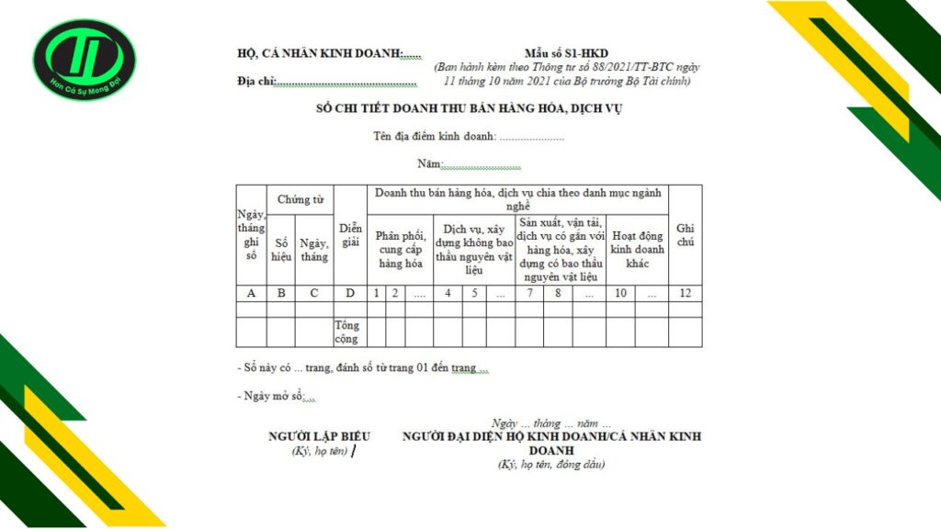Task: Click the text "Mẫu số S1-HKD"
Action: [566, 54]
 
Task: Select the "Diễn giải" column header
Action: [349, 235]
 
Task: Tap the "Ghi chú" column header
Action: [685, 235]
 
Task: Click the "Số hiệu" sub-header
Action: [281, 249]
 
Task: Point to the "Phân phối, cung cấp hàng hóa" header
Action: [400, 249]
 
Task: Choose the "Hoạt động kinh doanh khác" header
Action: [636, 249]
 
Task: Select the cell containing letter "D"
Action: [349, 293]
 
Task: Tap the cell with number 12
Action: [685, 293]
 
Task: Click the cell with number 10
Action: [620, 293]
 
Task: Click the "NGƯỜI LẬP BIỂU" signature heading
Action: [319, 436]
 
